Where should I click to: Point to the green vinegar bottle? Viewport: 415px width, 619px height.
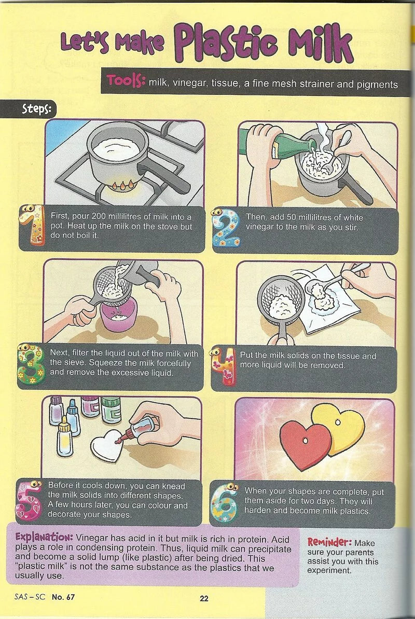coord(277,144)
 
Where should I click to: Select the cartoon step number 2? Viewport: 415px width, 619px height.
coord(226,228)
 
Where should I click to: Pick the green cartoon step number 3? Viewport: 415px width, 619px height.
coord(31,364)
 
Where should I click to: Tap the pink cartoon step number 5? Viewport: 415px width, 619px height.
coord(29,501)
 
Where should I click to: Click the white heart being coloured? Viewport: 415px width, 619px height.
coord(107,445)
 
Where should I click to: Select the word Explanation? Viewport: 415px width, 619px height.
coord(44,538)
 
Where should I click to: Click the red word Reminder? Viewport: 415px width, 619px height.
coord(330,542)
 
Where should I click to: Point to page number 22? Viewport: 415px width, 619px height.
coord(204,598)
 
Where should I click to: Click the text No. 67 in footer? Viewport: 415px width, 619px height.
coord(63,597)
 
